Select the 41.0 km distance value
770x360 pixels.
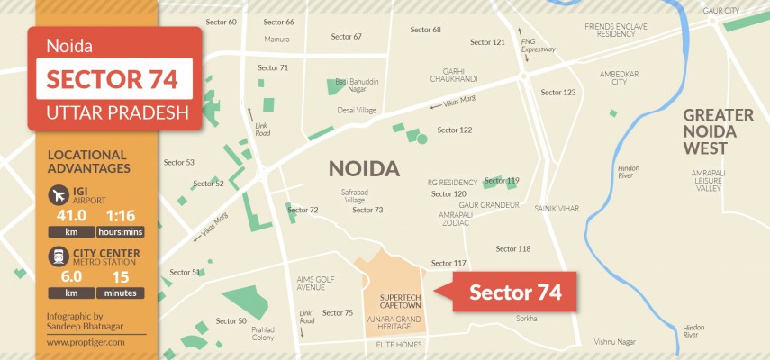click(71, 216)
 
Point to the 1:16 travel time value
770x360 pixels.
click(120, 216)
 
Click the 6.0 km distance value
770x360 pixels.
click(71, 276)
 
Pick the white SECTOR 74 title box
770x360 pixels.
click(113, 78)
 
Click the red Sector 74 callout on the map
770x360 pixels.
click(514, 292)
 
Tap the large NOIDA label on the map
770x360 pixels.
click(364, 168)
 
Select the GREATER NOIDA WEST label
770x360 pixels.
click(718, 130)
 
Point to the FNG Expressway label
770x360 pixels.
click(539, 44)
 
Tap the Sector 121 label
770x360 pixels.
click(487, 42)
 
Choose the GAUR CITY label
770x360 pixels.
click(720, 10)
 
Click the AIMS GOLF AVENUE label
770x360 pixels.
click(316, 283)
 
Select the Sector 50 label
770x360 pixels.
click(231, 320)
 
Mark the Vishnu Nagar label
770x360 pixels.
click(615, 342)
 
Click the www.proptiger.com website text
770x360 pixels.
click(86, 342)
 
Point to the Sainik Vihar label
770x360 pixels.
click(557, 208)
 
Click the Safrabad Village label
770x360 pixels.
click(353, 196)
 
